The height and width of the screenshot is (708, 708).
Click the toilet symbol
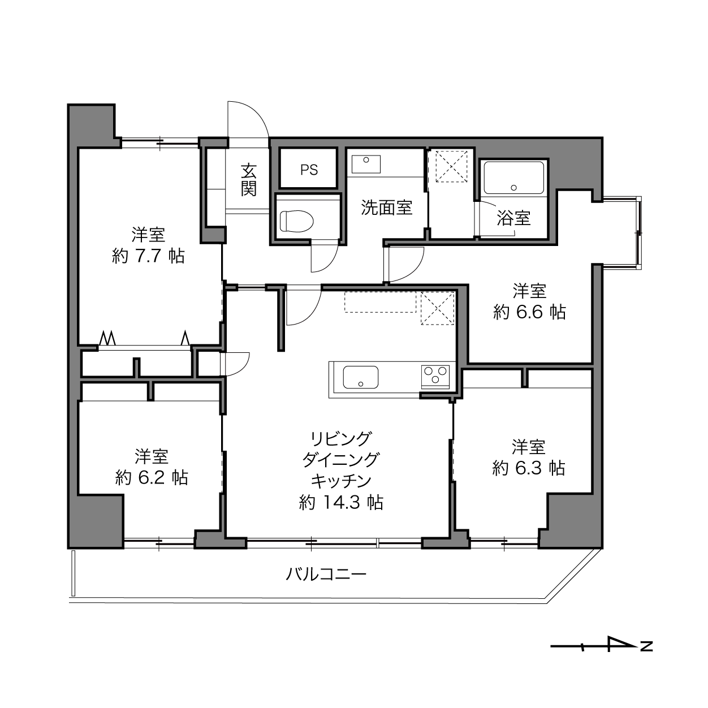[x=296, y=221]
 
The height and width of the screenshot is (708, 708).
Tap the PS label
[x=309, y=170]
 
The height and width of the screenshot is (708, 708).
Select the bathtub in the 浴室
[x=513, y=178]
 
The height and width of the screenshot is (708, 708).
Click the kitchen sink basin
[x=360, y=377]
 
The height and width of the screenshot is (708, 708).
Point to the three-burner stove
[x=435, y=377]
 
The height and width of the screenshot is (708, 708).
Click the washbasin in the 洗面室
[x=365, y=164]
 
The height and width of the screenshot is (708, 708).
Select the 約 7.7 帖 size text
[x=148, y=256]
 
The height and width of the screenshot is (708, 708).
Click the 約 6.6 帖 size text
[x=529, y=312]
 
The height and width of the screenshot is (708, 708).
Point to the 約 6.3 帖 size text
[x=528, y=468]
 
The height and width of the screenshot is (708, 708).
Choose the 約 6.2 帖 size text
[x=152, y=478]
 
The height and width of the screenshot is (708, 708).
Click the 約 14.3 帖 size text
[x=342, y=502]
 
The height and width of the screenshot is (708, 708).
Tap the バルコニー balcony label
[x=326, y=573]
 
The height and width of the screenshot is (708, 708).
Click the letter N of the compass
[x=646, y=657]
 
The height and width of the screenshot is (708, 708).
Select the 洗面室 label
[x=387, y=208]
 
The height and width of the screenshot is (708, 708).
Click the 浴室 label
[x=513, y=218]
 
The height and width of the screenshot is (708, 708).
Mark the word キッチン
[x=342, y=481]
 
